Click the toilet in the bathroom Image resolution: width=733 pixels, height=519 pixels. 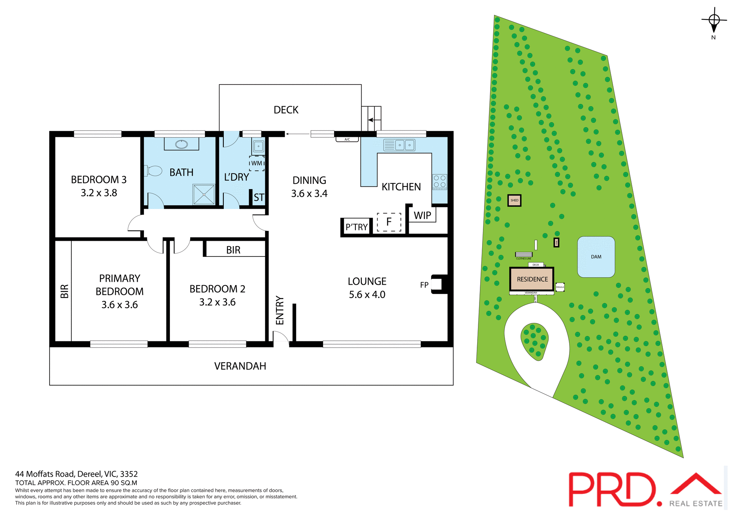pos(154,171)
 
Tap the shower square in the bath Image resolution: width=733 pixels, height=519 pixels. pos(204,195)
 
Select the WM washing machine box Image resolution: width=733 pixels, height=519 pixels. pos(257,163)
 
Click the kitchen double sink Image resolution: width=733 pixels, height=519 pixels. pos(399,145)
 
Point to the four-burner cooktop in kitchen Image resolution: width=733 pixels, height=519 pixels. pos(439,182)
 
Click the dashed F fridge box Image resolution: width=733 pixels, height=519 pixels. pos(389,222)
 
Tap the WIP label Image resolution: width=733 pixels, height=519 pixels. pos(422,216)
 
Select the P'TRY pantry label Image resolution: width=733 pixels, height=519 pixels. pos(357,227)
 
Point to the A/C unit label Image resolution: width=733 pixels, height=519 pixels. pos(347,139)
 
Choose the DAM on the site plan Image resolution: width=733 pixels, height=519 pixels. pos(596,257)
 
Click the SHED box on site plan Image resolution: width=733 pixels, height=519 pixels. pos(514,200)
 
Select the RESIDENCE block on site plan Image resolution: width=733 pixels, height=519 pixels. pos(532,279)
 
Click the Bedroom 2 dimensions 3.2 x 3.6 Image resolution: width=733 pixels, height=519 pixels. pos(217,302)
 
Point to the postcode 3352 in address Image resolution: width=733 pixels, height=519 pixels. pos(129,474)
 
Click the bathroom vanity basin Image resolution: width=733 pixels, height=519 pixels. pos(181,144)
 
